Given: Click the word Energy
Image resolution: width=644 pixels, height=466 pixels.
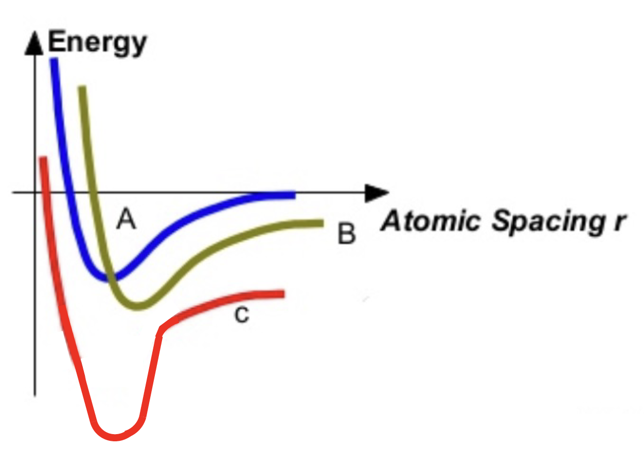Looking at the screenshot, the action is click(x=97, y=43).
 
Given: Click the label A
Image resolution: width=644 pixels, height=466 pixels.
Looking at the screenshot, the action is click(x=126, y=220).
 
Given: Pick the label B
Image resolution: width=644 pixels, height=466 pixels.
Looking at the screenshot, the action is click(x=347, y=234).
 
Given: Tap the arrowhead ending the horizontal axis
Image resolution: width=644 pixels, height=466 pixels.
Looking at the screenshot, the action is click(x=378, y=193).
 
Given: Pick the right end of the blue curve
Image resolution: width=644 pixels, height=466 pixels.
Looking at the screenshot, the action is click(x=293, y=195).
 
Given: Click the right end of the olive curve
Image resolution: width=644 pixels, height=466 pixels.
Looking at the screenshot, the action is click(x=321, y=223).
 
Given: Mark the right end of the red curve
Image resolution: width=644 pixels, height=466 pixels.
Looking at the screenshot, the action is click(x=282, y=294).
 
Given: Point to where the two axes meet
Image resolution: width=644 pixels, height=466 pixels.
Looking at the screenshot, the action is click(x=35, y=193).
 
